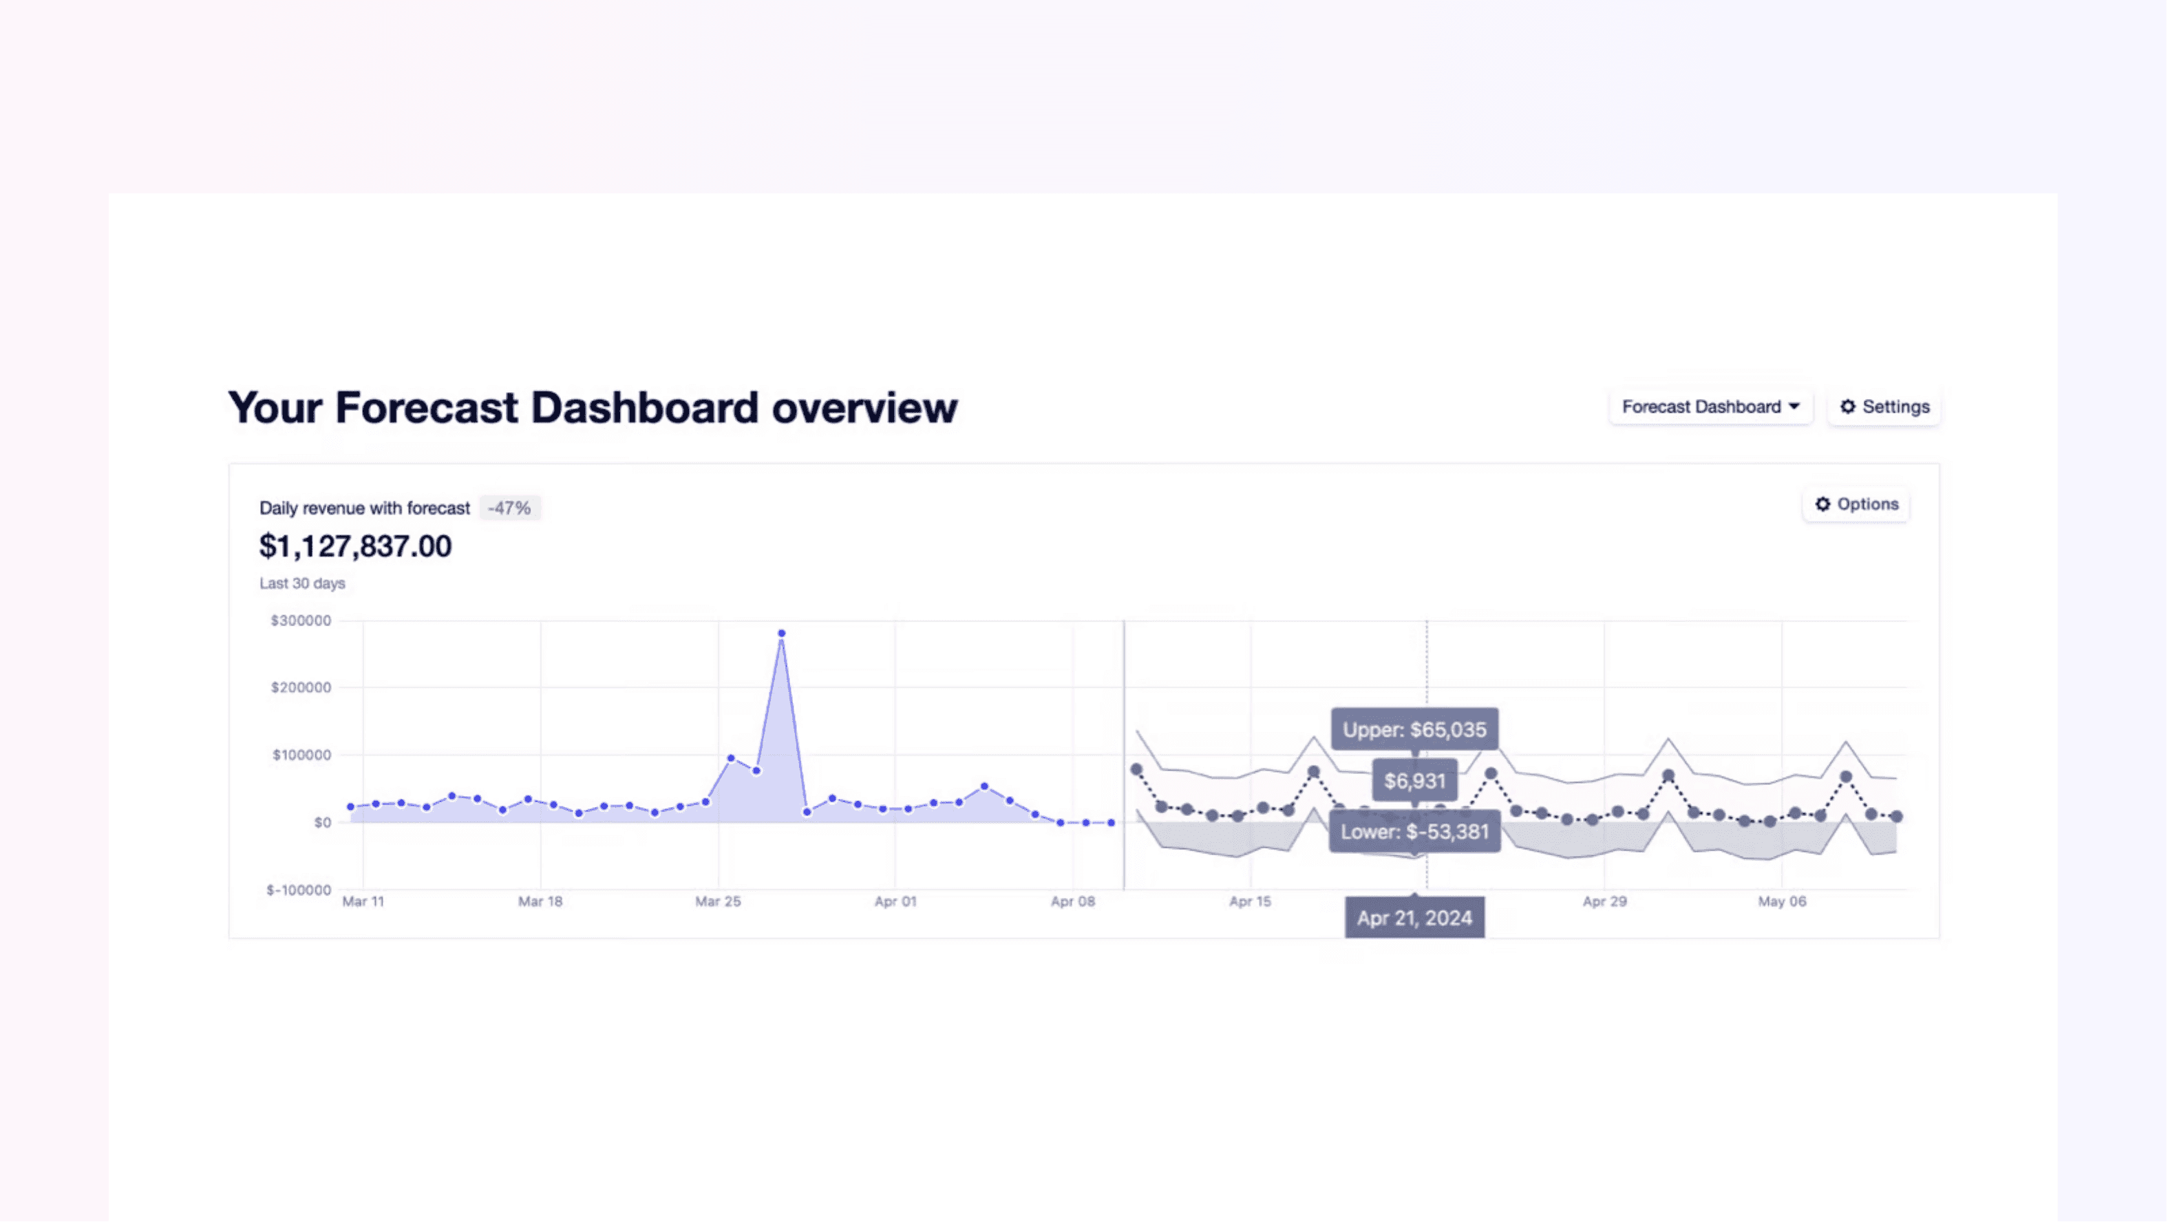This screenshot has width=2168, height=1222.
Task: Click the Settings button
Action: [x=1884, y=407]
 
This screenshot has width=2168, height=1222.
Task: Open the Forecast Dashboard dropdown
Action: [x=1710, y=407]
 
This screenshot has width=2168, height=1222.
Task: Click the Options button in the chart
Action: [x=1856, y=505]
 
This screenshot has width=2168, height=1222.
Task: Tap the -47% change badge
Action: [x=509, y=508]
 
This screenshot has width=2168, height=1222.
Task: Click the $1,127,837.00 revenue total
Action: [x=355, y=547]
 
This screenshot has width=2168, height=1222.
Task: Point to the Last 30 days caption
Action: [x=302, y=583]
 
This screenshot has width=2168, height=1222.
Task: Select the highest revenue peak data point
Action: [x=782, y=634]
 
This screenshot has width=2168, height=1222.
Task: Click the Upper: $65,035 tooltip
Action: [x=1415, y=729]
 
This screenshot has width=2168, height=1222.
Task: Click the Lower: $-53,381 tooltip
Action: [x=1415, y=833]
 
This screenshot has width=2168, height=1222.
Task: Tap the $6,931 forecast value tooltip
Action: [x=1415, y=781]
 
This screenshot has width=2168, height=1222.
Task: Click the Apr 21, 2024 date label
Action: [x=1415, y=918]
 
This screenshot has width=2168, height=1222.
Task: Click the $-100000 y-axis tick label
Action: [x=299, y=890]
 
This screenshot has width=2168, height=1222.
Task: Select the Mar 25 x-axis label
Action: [x=718, y=902]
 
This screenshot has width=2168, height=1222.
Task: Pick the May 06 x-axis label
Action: [x=1782, y=902]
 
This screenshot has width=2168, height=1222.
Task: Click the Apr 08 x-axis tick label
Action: [x=1073, y=902]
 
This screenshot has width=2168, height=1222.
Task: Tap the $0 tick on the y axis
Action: [x=322, y=823]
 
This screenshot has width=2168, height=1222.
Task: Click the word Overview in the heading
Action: [x=864, y=408]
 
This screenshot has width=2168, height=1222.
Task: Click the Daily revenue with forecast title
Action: [x=364, y=508]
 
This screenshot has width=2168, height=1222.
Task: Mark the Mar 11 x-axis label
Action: [x=363, y=902]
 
